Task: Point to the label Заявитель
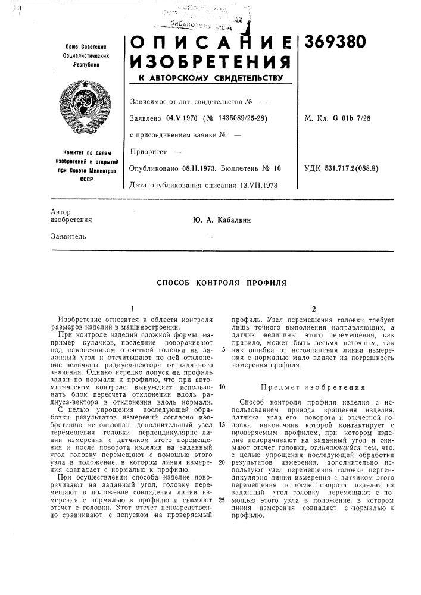pyautogui.click(x=68, y=236)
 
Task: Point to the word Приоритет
pyautogui.click(x=148, y=152)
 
